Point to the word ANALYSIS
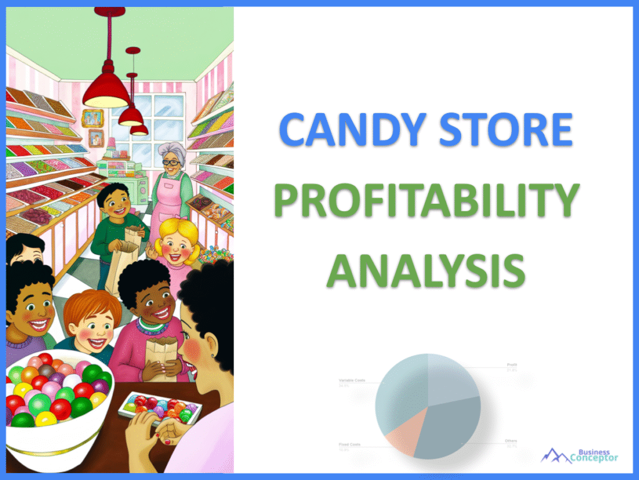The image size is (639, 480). pos(424,273)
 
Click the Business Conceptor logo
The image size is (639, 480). pos(580,456)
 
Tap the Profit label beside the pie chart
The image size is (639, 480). pos(511,364)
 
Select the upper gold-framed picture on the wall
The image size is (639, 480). pos(92,117)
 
